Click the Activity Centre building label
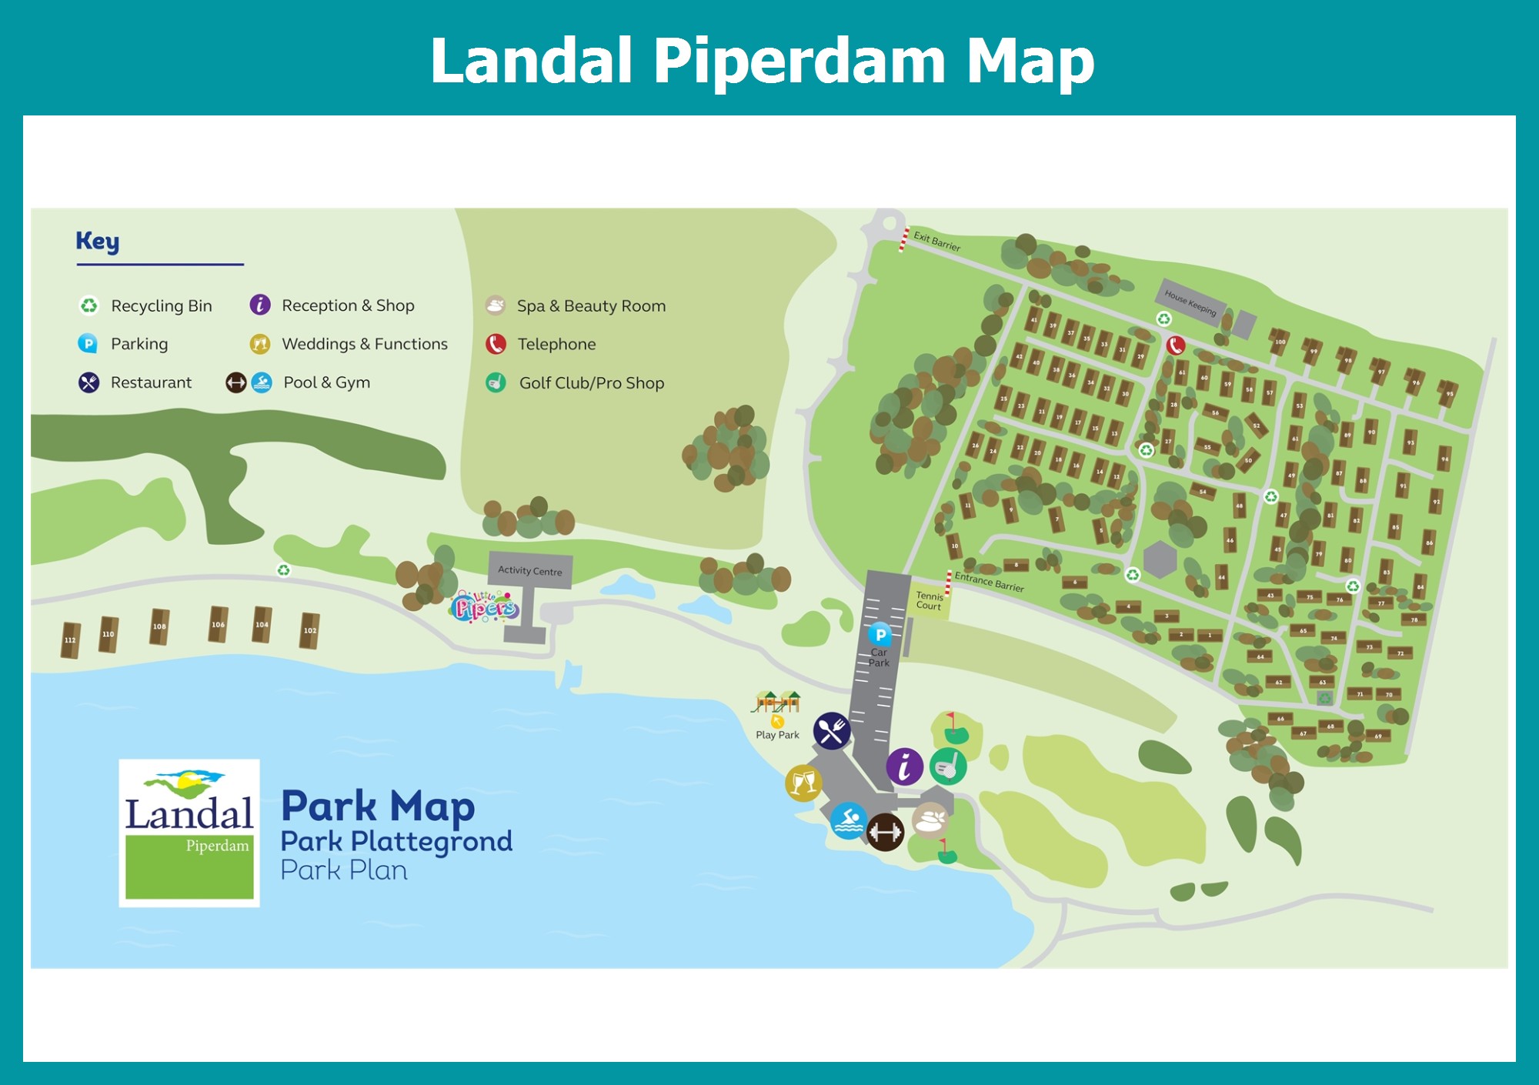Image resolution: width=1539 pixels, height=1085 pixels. point(529,570)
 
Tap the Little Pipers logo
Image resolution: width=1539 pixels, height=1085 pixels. point(484,606)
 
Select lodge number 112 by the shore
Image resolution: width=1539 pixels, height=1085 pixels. point(71,640)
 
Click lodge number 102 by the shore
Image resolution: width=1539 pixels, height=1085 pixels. point(309,631)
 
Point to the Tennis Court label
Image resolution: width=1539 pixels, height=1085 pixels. point(929,600)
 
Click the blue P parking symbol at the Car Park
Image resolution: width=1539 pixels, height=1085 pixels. point(880,635)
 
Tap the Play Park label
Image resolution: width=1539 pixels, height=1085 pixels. point(777,735)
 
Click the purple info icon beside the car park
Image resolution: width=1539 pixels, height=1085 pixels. point(904,766)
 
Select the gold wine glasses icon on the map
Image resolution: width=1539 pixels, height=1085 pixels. point(803,783)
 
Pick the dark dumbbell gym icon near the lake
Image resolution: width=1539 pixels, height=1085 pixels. point(885,833)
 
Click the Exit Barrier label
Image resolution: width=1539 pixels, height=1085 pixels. point(936,242)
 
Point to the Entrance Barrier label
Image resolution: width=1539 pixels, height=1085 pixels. point(989,582)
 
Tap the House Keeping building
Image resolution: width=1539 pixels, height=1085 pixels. point(1190,302)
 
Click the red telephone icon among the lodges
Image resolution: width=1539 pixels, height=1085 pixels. point(1175,345)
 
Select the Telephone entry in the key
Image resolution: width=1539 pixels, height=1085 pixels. point(556,344)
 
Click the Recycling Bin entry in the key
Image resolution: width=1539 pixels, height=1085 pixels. point(161,305)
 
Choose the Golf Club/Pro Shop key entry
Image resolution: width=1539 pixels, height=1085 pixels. point(591,382)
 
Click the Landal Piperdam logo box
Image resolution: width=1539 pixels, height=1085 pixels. point(189,833)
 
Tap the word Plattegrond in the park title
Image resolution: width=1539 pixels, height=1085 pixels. point(431,841)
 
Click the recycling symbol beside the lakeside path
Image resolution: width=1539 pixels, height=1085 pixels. point(284,570)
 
